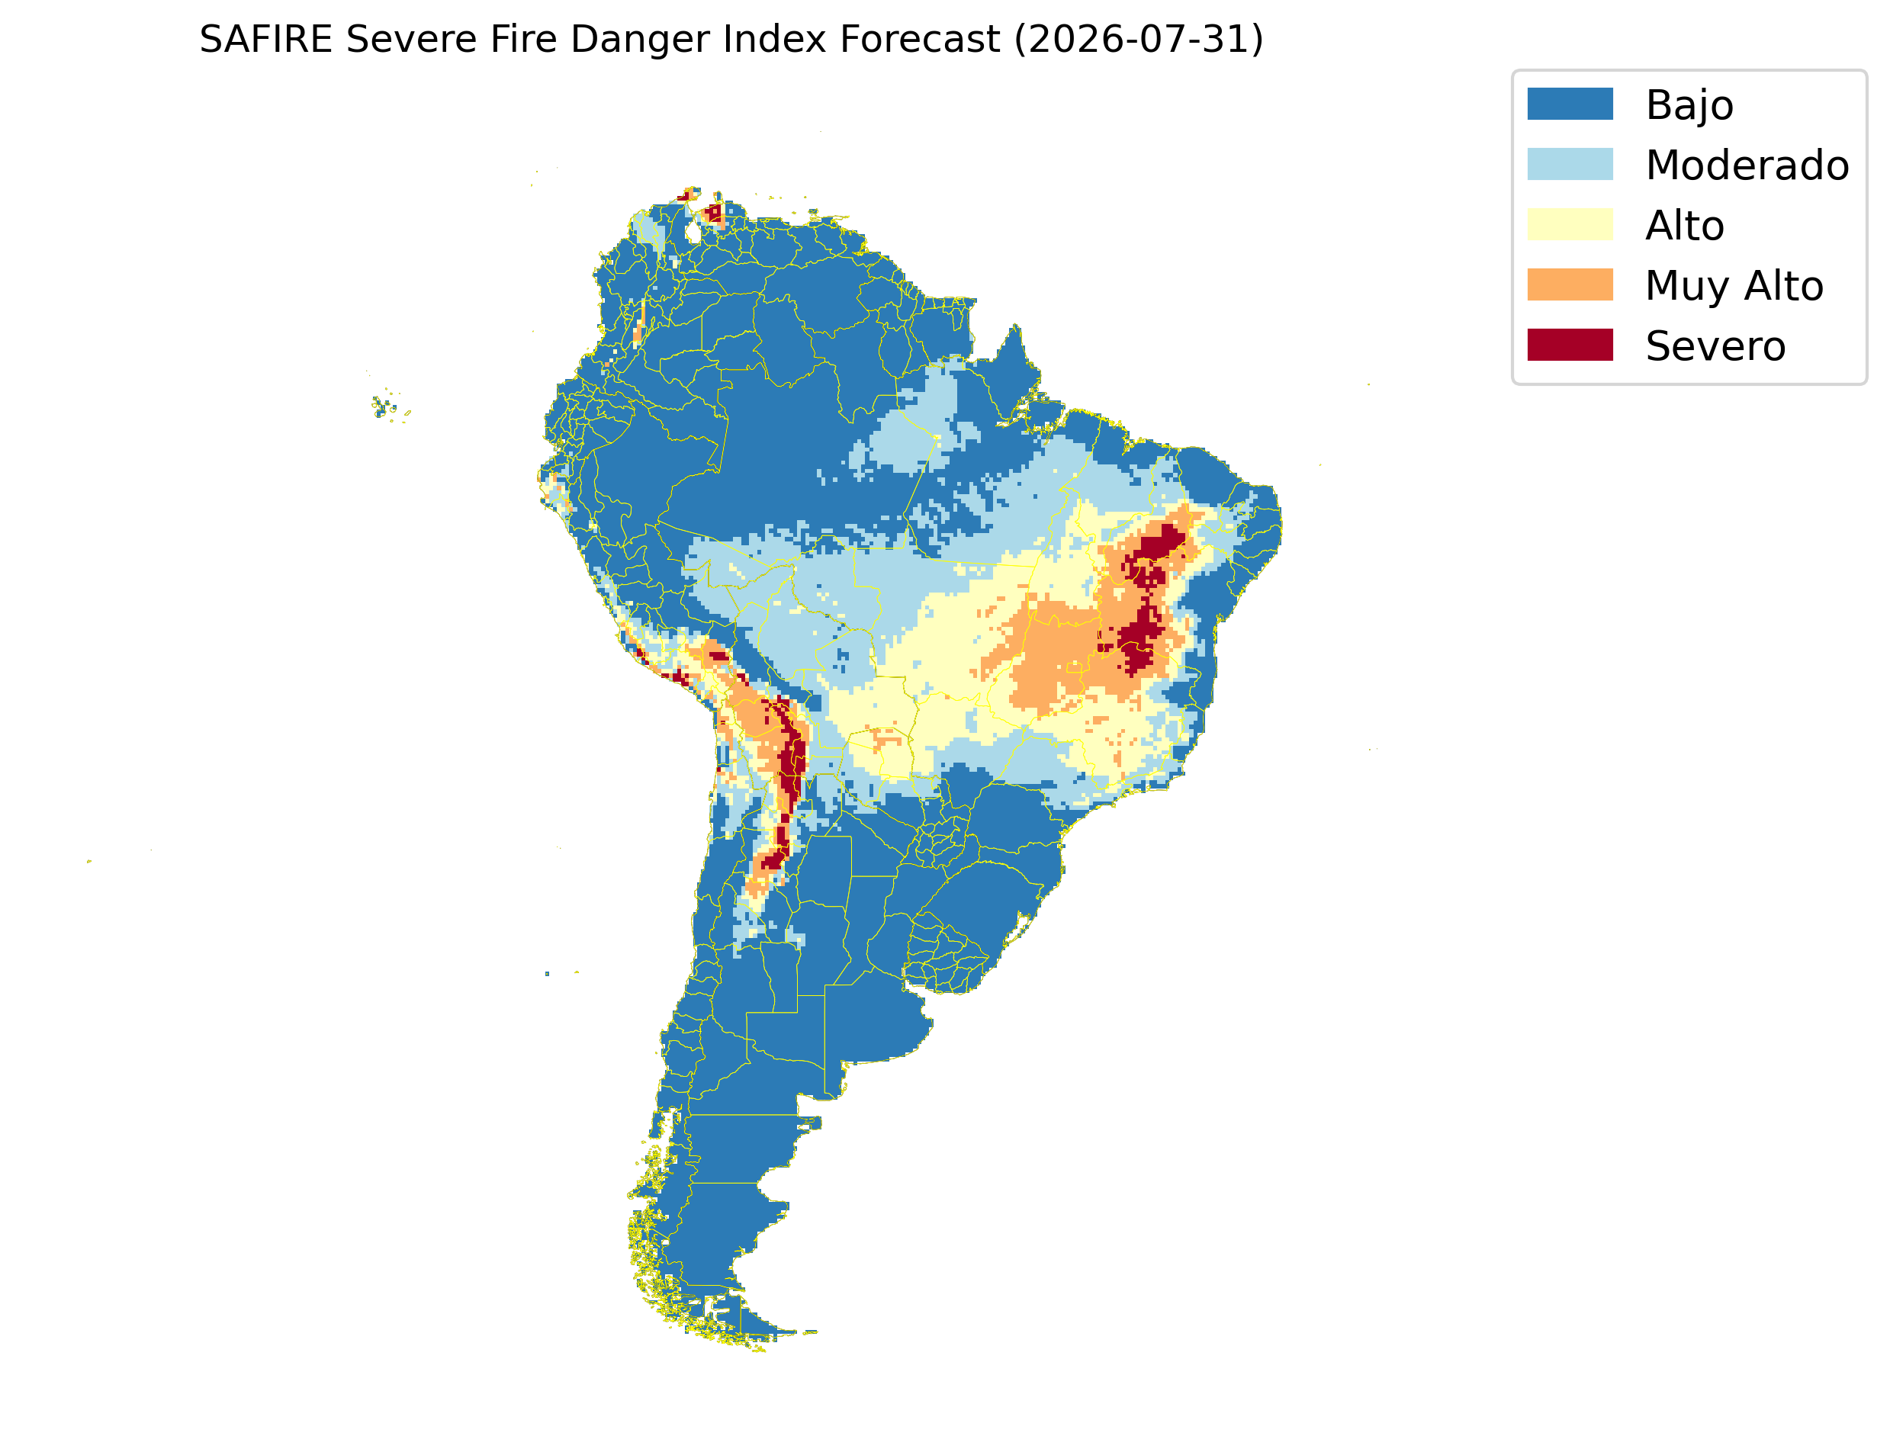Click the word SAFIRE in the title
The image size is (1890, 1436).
266,40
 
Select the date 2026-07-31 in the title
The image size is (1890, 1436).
1139,40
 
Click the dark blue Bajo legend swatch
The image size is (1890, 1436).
1570,104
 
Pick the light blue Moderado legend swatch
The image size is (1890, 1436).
1570,164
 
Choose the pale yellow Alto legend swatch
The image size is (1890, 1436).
1570,224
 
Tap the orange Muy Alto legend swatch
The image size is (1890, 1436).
1570,284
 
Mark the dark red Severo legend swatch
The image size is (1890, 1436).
1570,345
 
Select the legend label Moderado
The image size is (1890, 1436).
1747,165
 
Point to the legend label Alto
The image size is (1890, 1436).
1684,226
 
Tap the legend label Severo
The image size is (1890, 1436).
1715,346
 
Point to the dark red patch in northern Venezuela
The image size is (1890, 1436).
713,212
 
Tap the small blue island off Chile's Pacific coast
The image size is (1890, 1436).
547,974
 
